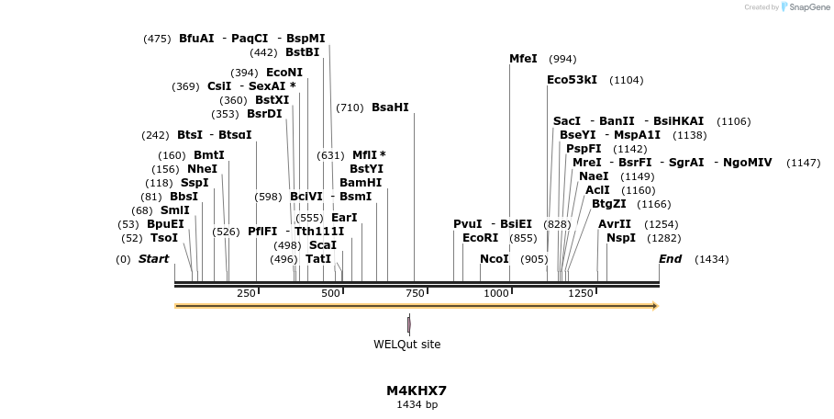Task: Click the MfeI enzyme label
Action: (523, 59)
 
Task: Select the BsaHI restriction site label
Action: (390, 108)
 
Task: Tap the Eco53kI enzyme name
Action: (572, 80)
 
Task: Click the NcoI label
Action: (495, 259)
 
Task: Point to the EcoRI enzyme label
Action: (480, 238)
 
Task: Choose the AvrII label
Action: (615, 224)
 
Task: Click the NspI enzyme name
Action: (620, 238)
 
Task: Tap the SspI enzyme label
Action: (195, 183)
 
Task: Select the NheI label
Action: (202, 169)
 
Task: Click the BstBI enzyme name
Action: (302, 52)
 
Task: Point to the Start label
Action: (154, 259)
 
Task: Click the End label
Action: (671, 259)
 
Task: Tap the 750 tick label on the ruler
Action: (414, 293)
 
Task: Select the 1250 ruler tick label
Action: (581, 293)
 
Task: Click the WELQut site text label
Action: (406, 345)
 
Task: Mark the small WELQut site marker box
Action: (409, 323)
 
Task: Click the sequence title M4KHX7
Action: (417, 391)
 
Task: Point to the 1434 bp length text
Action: (417, 404)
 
